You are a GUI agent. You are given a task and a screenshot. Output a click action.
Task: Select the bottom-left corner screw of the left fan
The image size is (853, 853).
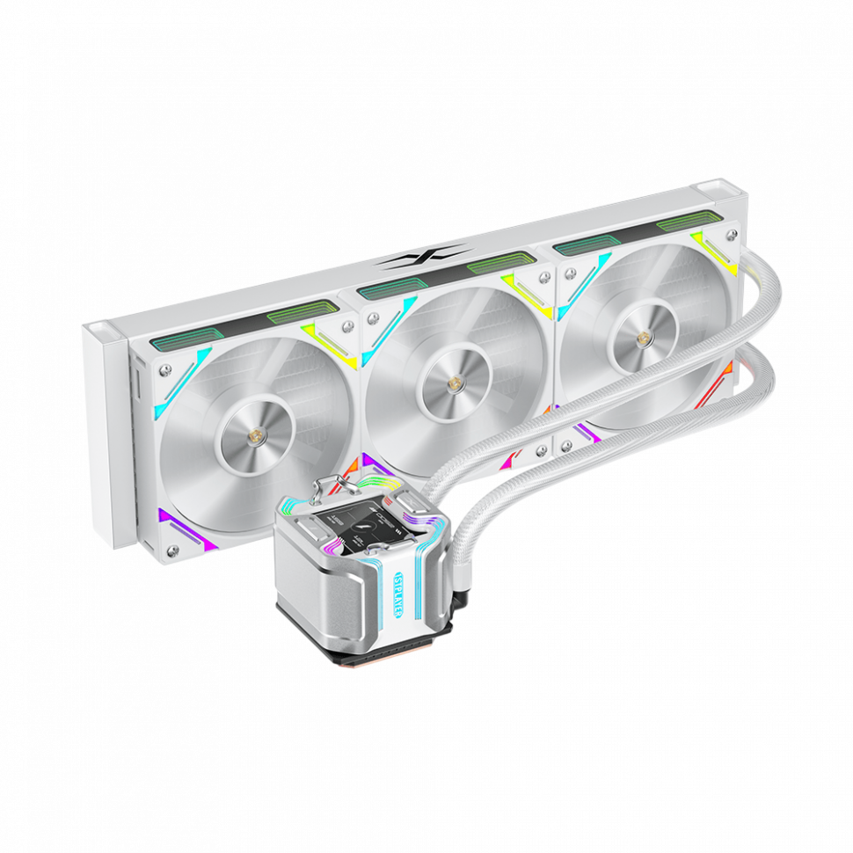[172, 550]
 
